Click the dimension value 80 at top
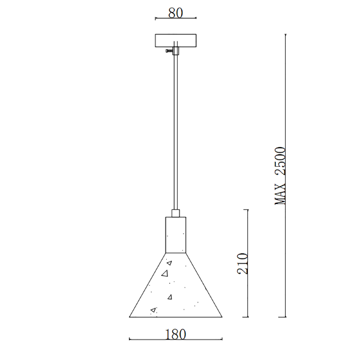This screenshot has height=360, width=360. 176,13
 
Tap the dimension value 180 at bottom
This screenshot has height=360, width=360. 175,334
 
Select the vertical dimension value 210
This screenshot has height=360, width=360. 242,263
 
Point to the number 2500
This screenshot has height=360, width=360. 280,161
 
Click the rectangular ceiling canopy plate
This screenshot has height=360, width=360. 176,41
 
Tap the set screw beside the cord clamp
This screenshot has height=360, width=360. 169,51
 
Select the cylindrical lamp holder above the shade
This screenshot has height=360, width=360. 176,235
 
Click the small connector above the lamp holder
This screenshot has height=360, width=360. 176,213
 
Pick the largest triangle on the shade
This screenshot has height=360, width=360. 165,274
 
